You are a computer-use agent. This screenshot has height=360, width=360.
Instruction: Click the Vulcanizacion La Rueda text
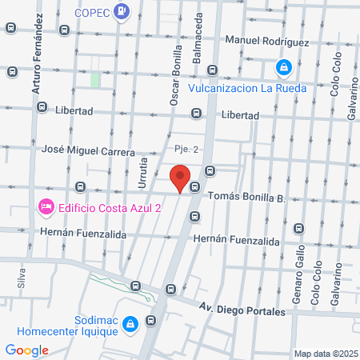point(247,88)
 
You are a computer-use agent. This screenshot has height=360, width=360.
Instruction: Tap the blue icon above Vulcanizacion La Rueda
point(284,69)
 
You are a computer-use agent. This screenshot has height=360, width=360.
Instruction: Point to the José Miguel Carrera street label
point(87,150)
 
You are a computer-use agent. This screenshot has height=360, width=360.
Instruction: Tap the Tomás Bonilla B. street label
point(246,196)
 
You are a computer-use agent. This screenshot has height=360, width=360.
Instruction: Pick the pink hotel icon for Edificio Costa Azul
point(46,208)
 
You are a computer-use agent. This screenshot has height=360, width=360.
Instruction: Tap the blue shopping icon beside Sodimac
point(150,323)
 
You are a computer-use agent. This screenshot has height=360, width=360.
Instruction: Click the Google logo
point(26,350)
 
